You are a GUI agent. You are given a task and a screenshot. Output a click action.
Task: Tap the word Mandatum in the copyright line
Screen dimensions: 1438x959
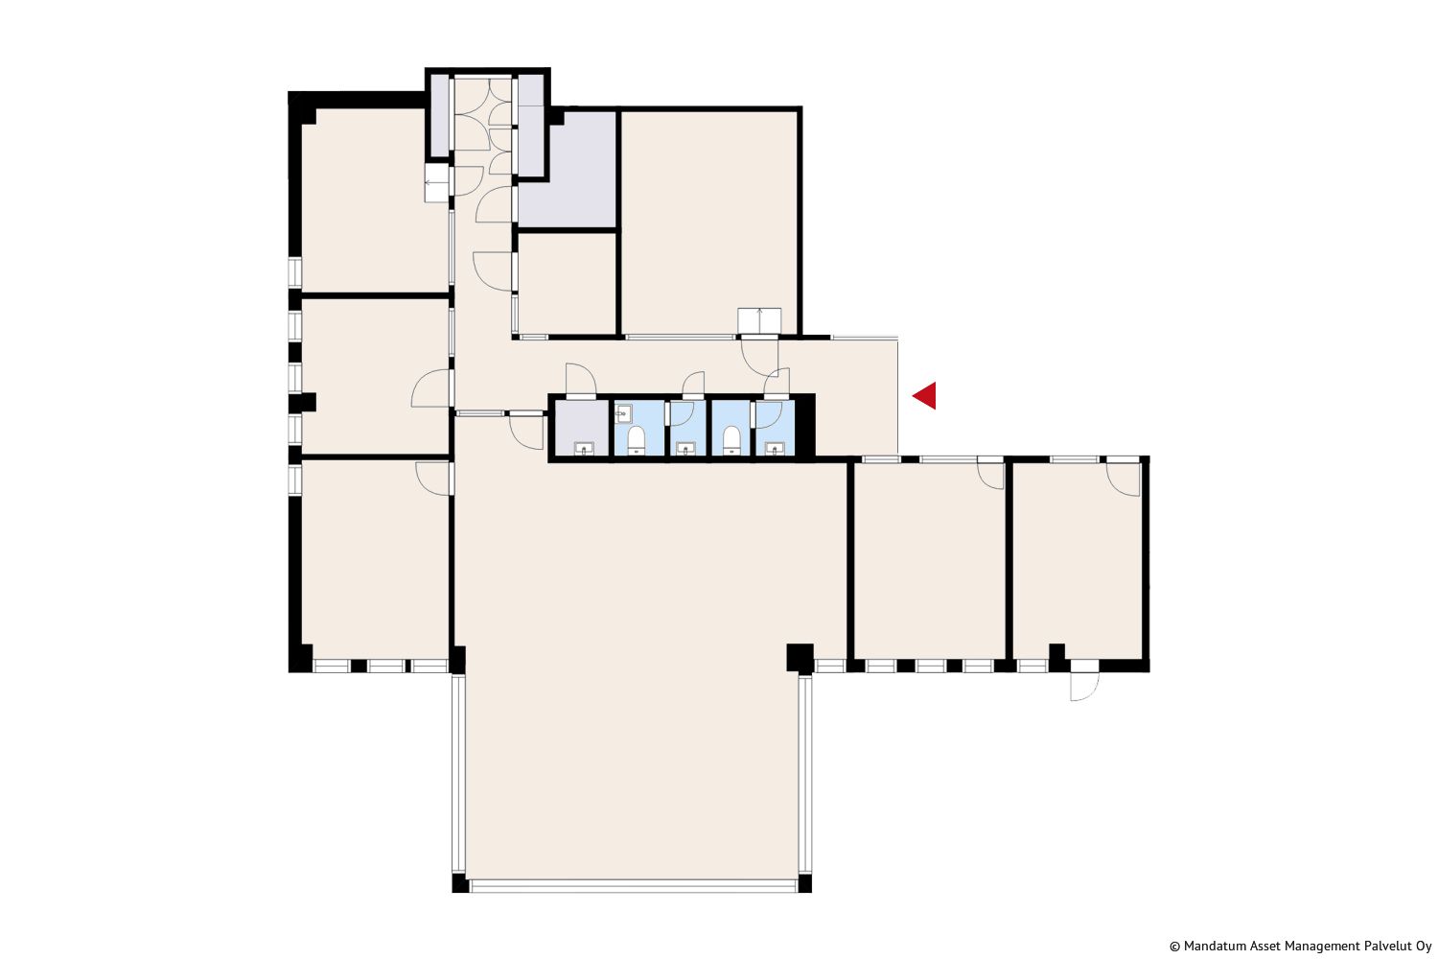point(1212,947)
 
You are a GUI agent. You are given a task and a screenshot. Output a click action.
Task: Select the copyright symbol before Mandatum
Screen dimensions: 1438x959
point(1174,947)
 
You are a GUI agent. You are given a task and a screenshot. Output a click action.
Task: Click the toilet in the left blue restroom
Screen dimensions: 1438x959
point(637,439)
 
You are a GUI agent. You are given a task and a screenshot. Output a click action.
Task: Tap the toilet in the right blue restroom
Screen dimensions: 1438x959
point(731,439)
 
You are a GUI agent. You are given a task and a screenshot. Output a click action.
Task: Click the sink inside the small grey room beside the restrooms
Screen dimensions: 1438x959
point(584,449)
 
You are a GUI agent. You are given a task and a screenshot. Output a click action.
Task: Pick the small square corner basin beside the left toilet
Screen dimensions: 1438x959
point(623,413)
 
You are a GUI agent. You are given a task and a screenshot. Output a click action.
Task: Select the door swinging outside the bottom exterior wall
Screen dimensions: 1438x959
point(1084,686)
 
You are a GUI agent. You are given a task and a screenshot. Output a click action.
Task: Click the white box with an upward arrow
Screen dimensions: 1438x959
point(759,320)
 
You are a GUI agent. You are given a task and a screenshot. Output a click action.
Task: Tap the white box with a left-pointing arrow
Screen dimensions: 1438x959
point(436,183)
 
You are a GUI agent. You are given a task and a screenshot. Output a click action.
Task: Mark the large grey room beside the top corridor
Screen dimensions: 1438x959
point(568,170)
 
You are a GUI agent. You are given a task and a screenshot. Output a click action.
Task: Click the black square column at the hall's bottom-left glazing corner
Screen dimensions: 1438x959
point(459,883)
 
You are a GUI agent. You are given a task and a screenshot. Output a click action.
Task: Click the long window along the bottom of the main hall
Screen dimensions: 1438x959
point(634,886)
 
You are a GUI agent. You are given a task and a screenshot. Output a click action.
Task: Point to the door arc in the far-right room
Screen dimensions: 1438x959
point(1123,479)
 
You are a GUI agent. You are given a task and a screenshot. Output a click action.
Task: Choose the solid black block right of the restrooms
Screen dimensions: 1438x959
point(805,426)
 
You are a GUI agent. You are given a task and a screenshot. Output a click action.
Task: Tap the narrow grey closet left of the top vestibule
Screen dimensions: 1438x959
point(439,115)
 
